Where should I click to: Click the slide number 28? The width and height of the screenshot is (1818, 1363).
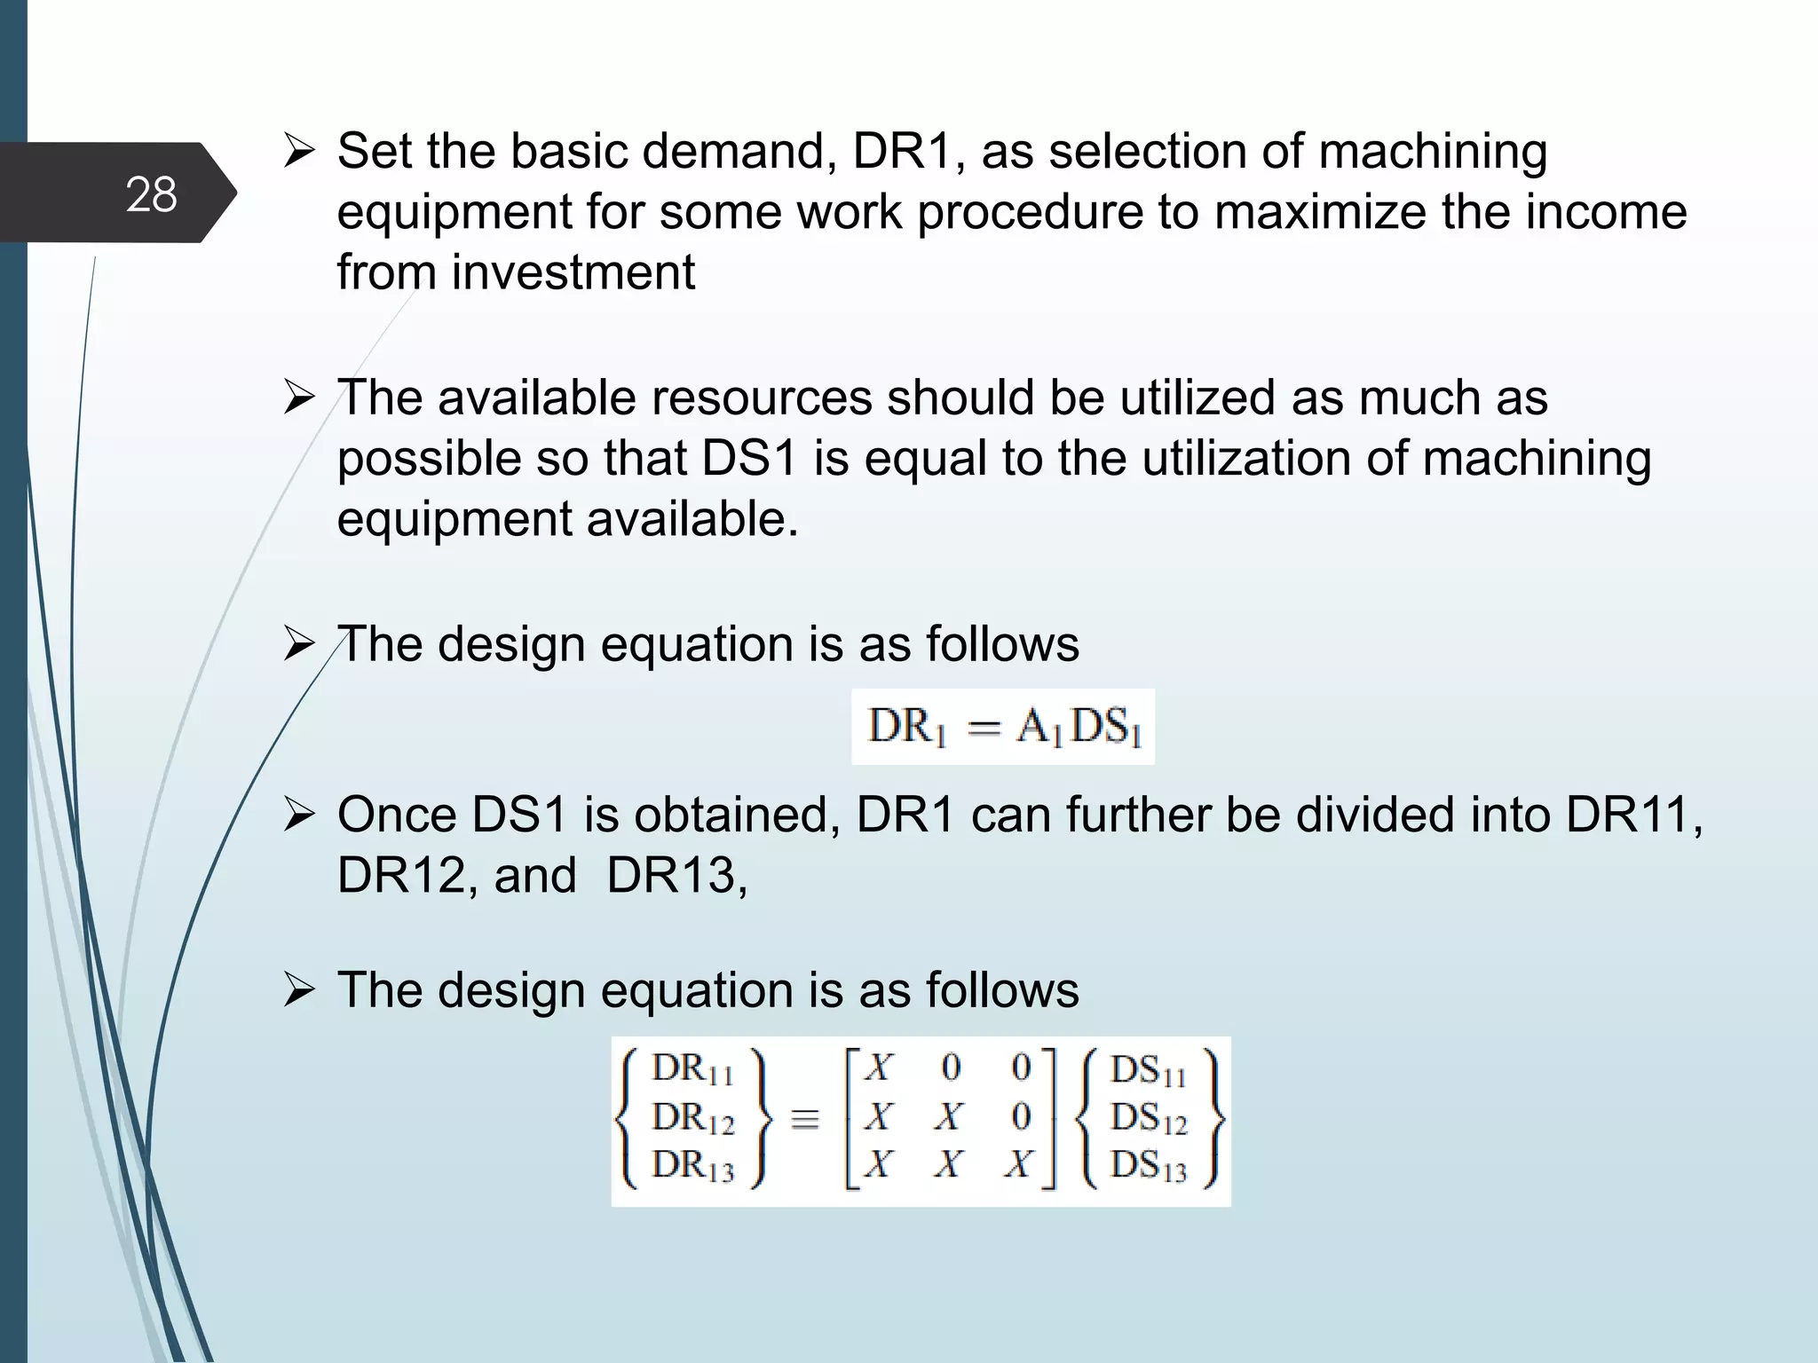151,194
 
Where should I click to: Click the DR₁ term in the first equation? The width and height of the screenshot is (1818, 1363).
906,728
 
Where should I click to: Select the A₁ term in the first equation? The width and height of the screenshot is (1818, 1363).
1038,728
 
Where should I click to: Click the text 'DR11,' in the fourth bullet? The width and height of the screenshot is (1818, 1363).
1634,815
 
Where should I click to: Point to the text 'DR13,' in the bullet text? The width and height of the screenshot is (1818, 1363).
676,876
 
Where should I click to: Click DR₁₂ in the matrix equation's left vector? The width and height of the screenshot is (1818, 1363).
693,1119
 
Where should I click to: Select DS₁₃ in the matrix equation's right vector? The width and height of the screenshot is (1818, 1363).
1148,1167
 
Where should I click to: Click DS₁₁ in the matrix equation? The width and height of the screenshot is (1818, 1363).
1148,1071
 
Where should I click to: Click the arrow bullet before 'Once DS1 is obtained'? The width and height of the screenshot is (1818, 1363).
298,815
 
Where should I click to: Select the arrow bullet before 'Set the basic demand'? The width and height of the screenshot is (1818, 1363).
298,152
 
